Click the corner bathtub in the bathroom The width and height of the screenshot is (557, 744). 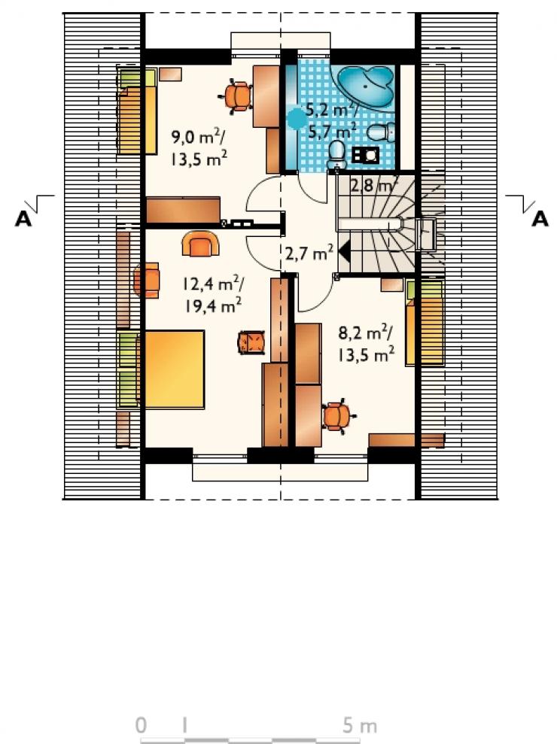366,87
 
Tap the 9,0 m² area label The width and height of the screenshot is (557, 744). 198,138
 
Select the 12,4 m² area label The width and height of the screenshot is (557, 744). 214,284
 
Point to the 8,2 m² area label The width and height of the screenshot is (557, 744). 365,333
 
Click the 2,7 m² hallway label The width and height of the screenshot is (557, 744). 309,253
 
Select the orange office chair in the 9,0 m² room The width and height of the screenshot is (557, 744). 236,96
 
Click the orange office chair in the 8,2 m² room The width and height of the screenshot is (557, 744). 338,416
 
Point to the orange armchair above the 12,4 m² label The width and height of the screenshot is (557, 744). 200,244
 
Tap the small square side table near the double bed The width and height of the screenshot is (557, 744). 251,342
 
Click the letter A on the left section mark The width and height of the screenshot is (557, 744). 23,219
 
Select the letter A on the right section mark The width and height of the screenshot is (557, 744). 540,219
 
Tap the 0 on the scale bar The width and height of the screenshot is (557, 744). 141,725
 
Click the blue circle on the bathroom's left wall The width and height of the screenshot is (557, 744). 297,117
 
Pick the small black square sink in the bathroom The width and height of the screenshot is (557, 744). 365,155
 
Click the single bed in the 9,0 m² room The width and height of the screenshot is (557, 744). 137,111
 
